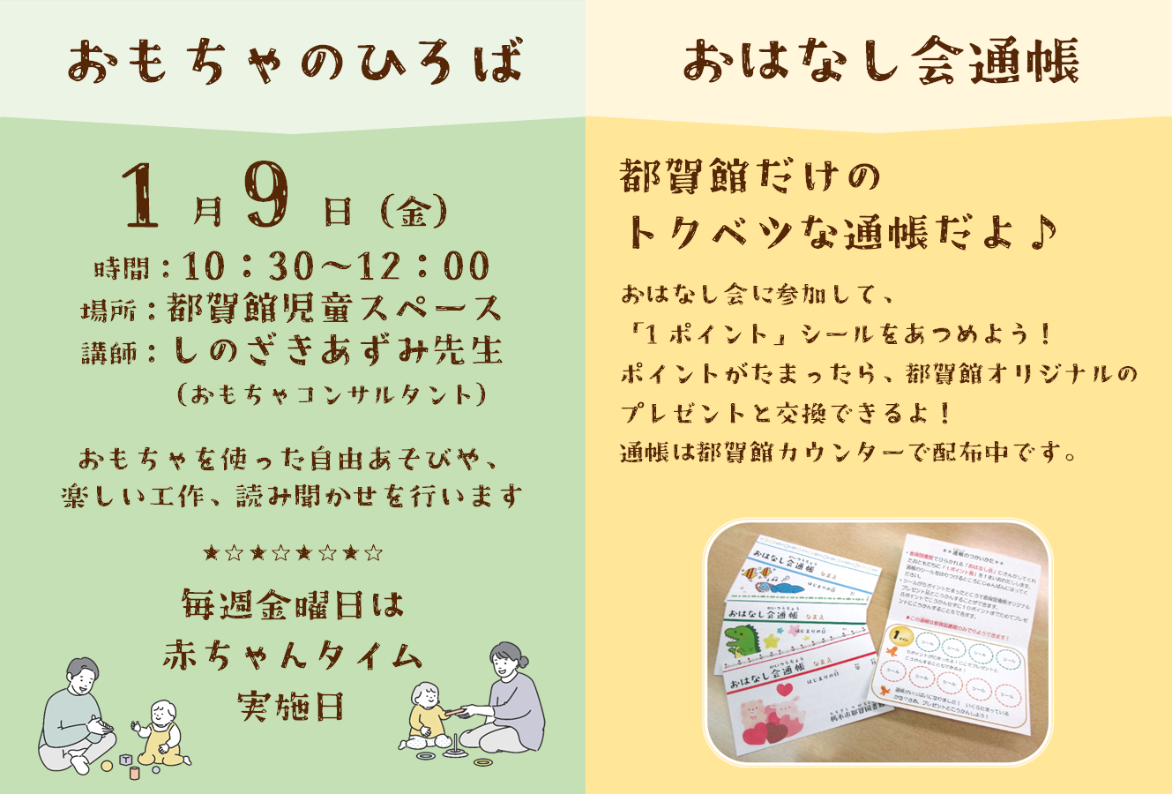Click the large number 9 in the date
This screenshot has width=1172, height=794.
click(269, 195)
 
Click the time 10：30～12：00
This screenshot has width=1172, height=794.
click(336, 266)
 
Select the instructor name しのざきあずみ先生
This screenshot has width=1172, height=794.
click(338, 351)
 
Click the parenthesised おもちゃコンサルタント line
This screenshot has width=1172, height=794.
click(332, 394)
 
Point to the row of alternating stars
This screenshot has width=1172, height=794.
click(293, 554)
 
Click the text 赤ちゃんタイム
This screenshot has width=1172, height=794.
click(293, 655)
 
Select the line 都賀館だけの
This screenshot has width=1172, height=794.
click(750, 178)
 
